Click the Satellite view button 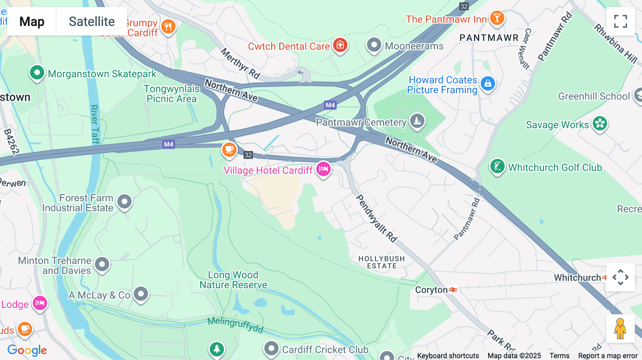[92, 21]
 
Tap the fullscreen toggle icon [620, 21]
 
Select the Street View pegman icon [620, 329]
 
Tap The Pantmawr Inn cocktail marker [497, 17]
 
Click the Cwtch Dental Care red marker [340, 45]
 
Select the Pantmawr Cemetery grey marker [417, 121]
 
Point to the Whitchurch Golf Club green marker [497, 166]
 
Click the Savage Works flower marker [600, 124]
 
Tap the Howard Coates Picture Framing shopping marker [488, 84]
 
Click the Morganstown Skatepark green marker [37, 73]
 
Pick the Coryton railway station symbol [453, 290]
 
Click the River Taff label [95, 124]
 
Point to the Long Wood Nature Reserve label [233, 280]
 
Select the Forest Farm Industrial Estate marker [124, 202]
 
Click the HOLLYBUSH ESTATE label [382, 262]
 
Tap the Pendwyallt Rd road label [377, 218]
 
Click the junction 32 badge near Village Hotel [248, 155]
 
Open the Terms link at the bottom [559, 355]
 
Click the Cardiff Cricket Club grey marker [271, 348]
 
